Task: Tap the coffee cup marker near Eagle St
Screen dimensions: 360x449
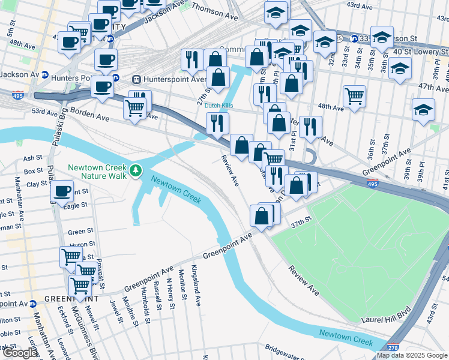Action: [62, 192]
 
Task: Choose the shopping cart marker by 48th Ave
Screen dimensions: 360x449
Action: [355, 95]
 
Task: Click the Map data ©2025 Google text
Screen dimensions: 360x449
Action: [412, 355]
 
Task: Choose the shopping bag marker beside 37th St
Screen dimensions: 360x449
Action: [261, 216]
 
